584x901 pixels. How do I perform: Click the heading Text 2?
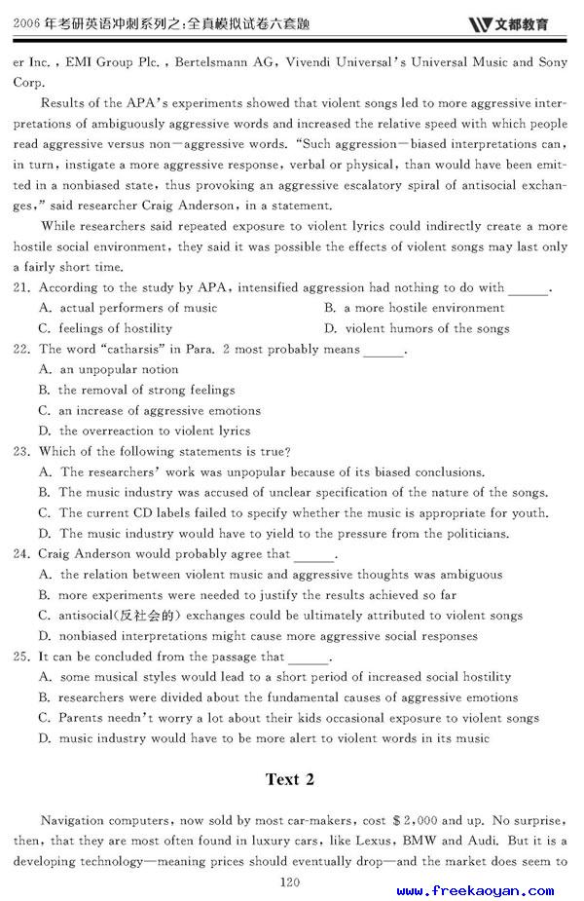click(290, 779)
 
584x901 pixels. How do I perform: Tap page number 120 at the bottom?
click(289, 882)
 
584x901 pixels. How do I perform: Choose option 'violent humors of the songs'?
click(427, 328)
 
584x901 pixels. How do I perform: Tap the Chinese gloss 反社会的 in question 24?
click(147, 616)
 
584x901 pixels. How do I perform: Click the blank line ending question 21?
click(529, 289)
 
